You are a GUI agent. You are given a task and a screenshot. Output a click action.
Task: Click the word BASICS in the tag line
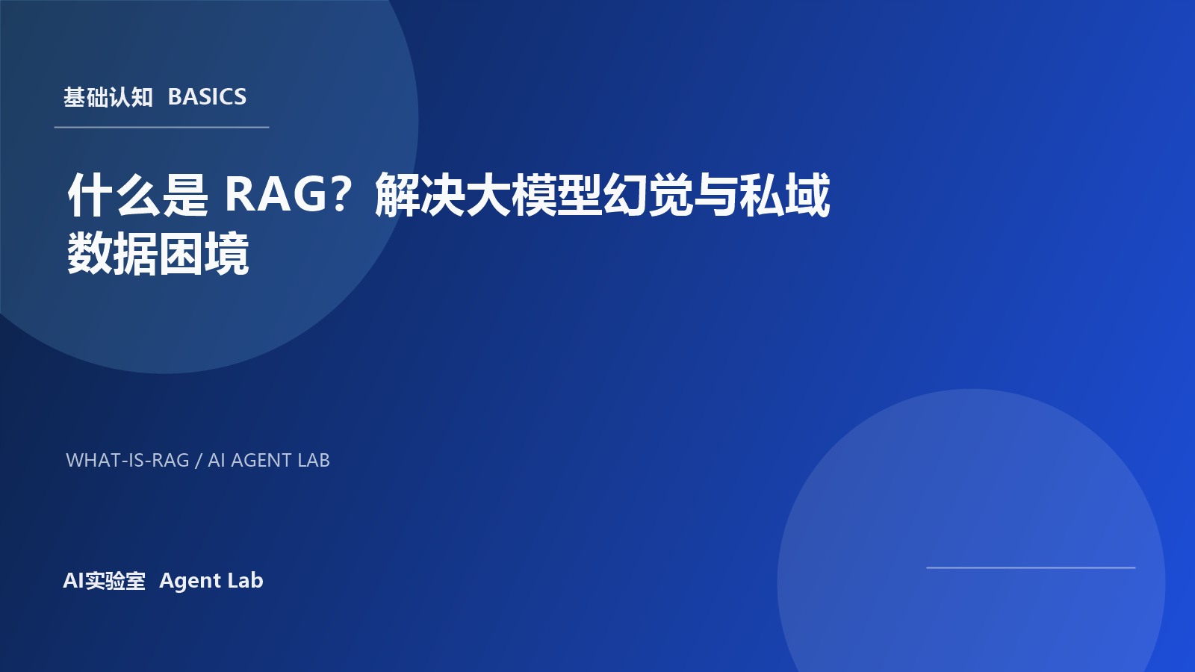pyautogui.click(x=207, y=97)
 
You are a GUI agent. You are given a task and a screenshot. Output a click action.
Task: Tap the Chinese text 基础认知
pyautogui.click(x=108, y=97)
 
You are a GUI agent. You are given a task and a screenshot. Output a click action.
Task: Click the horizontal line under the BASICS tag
pyautogui.click(x=161, y=128)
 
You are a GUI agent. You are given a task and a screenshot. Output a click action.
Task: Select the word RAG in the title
pyautogui.click(x=276, y=194)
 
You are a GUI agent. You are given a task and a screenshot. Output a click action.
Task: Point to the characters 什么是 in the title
pyautogui.click(x=137, y=195)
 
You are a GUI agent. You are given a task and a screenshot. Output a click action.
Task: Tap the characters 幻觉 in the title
pyautogui.click(x=648, y=195)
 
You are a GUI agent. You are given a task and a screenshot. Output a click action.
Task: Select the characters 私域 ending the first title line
pyautogui.click(x=785, y=195)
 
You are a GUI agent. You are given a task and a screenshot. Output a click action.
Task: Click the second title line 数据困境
pyautogui.click(x=158, y=255)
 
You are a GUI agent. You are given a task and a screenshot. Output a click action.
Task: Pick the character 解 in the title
pyautogui.click(x=397, y=195)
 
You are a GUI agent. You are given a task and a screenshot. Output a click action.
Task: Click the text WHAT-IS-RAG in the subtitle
pyautogui.click(x=128, y=461)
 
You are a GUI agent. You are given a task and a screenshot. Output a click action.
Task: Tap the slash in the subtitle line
pyautogui.click(x=199, y=461)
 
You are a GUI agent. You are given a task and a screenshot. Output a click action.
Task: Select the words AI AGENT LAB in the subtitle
pyautogui.click(x=269, y=461)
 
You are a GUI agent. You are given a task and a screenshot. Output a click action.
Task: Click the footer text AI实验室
pyautogui.click(x=105, y=581)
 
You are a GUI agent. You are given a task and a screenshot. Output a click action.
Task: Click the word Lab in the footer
pyautogui.click(x=246, y=581)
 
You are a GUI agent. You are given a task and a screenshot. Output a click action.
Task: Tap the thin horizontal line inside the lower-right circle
pyautogui.click(x=1031, y=568)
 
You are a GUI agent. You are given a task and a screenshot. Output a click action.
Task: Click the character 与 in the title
pyautogui.click(x=716, y=195)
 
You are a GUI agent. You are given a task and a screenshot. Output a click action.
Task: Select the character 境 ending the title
pyautogui.click(x=227, y=255)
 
